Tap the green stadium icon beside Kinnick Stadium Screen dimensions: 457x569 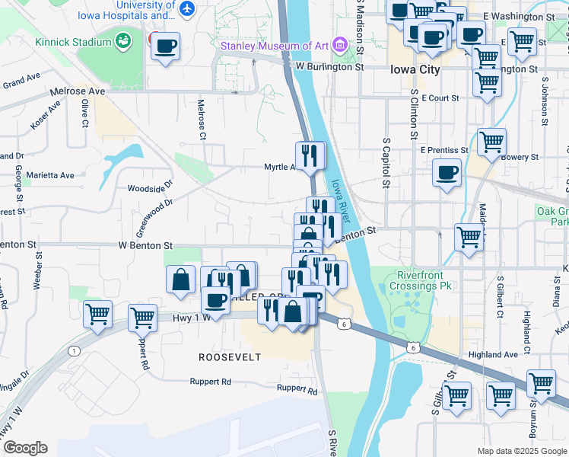[122, 38]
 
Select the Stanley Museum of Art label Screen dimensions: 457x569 [274, 46]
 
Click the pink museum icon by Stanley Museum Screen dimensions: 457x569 [339, 46]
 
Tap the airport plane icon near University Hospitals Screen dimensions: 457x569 [187, 8]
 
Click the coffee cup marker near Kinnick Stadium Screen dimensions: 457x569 [164, 46]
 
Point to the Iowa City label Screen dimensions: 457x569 [414, 69]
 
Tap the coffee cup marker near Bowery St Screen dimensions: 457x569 [447, 171]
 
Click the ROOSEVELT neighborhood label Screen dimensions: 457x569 [230, 357]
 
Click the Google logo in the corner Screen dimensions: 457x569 [24, 448]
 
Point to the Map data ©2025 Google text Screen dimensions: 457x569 [522, 452]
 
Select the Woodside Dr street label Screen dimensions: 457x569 [150, 186]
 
